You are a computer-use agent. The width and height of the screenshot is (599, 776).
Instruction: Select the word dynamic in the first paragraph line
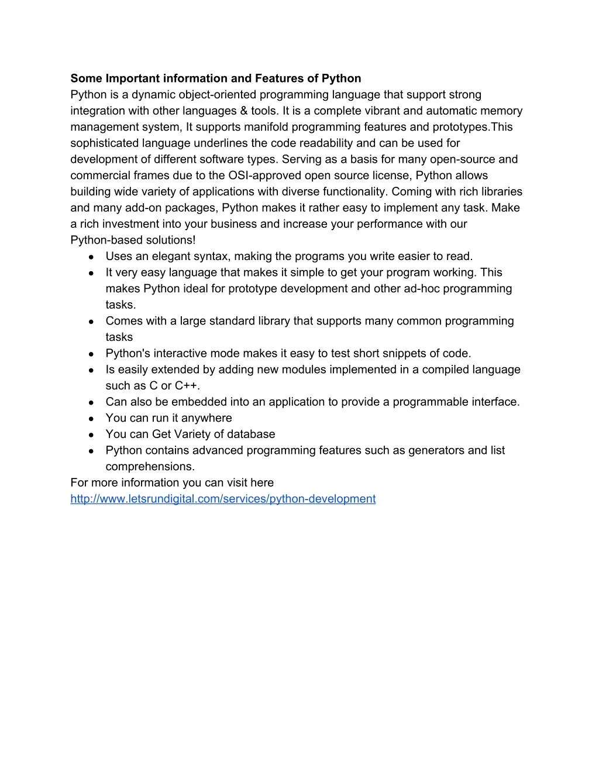[153, 95]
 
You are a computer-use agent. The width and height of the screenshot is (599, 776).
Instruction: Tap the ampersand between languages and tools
[243, 111]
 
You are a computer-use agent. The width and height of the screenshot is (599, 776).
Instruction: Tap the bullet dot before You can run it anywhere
[92, 419]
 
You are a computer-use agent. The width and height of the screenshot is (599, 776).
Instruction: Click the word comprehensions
[149, 467]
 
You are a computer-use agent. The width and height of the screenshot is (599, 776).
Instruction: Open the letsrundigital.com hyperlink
[223, 499]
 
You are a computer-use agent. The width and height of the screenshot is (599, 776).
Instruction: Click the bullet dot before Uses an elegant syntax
[92, 257]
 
